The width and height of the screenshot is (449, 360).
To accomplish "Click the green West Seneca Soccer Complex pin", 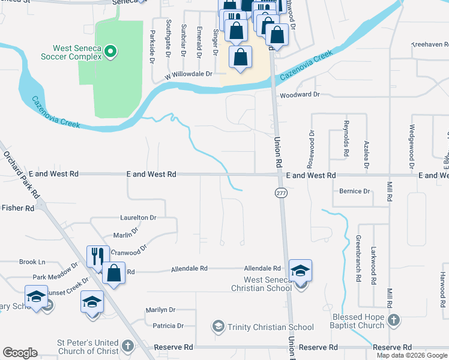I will tap(110, 52).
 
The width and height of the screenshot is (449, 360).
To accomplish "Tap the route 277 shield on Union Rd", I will tap(281, 193).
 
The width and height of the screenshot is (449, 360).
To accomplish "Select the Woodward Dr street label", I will tap(300, 94).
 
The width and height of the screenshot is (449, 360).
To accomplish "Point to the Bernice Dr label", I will tap(354, 191).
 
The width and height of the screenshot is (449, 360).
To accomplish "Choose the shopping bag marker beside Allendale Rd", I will tap(113, 273).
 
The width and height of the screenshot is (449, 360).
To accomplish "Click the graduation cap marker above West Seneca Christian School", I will tap(300, 270).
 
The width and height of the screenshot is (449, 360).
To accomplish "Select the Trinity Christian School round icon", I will tap(217, 327).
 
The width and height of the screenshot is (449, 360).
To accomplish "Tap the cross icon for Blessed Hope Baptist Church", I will tap(393, 320).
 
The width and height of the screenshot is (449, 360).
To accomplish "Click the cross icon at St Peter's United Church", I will tap(127, 346).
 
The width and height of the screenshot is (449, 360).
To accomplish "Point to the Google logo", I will tap(20, 353).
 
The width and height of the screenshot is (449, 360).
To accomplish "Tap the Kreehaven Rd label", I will tap(430, 44).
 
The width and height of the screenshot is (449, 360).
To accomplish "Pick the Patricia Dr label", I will tap(168, 326).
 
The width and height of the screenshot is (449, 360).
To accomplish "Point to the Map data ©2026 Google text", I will tap(411, 355).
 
